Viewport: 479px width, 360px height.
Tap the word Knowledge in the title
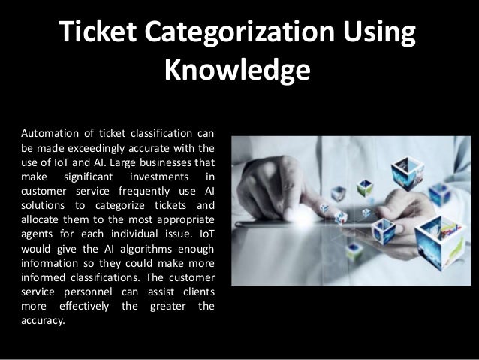click(236, 71)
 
